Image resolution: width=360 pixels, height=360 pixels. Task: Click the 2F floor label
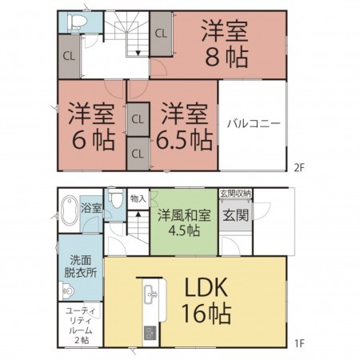[299, 167]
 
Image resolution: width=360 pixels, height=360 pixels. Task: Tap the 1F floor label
[299, 344]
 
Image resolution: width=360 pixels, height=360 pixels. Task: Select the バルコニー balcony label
[252, 124]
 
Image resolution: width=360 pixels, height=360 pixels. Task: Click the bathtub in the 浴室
[68, 210]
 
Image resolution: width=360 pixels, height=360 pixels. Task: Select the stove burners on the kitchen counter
[148, 332]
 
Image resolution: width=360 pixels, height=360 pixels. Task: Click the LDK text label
[210, 286]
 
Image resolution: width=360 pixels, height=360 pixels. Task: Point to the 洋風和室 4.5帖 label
[183, 219]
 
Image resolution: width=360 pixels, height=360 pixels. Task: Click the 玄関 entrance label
[235, 215]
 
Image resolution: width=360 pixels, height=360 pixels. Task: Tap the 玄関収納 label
[236, 193]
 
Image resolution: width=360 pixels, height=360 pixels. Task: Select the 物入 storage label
[138, 198]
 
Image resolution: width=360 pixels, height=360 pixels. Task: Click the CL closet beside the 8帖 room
[161, 34]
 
